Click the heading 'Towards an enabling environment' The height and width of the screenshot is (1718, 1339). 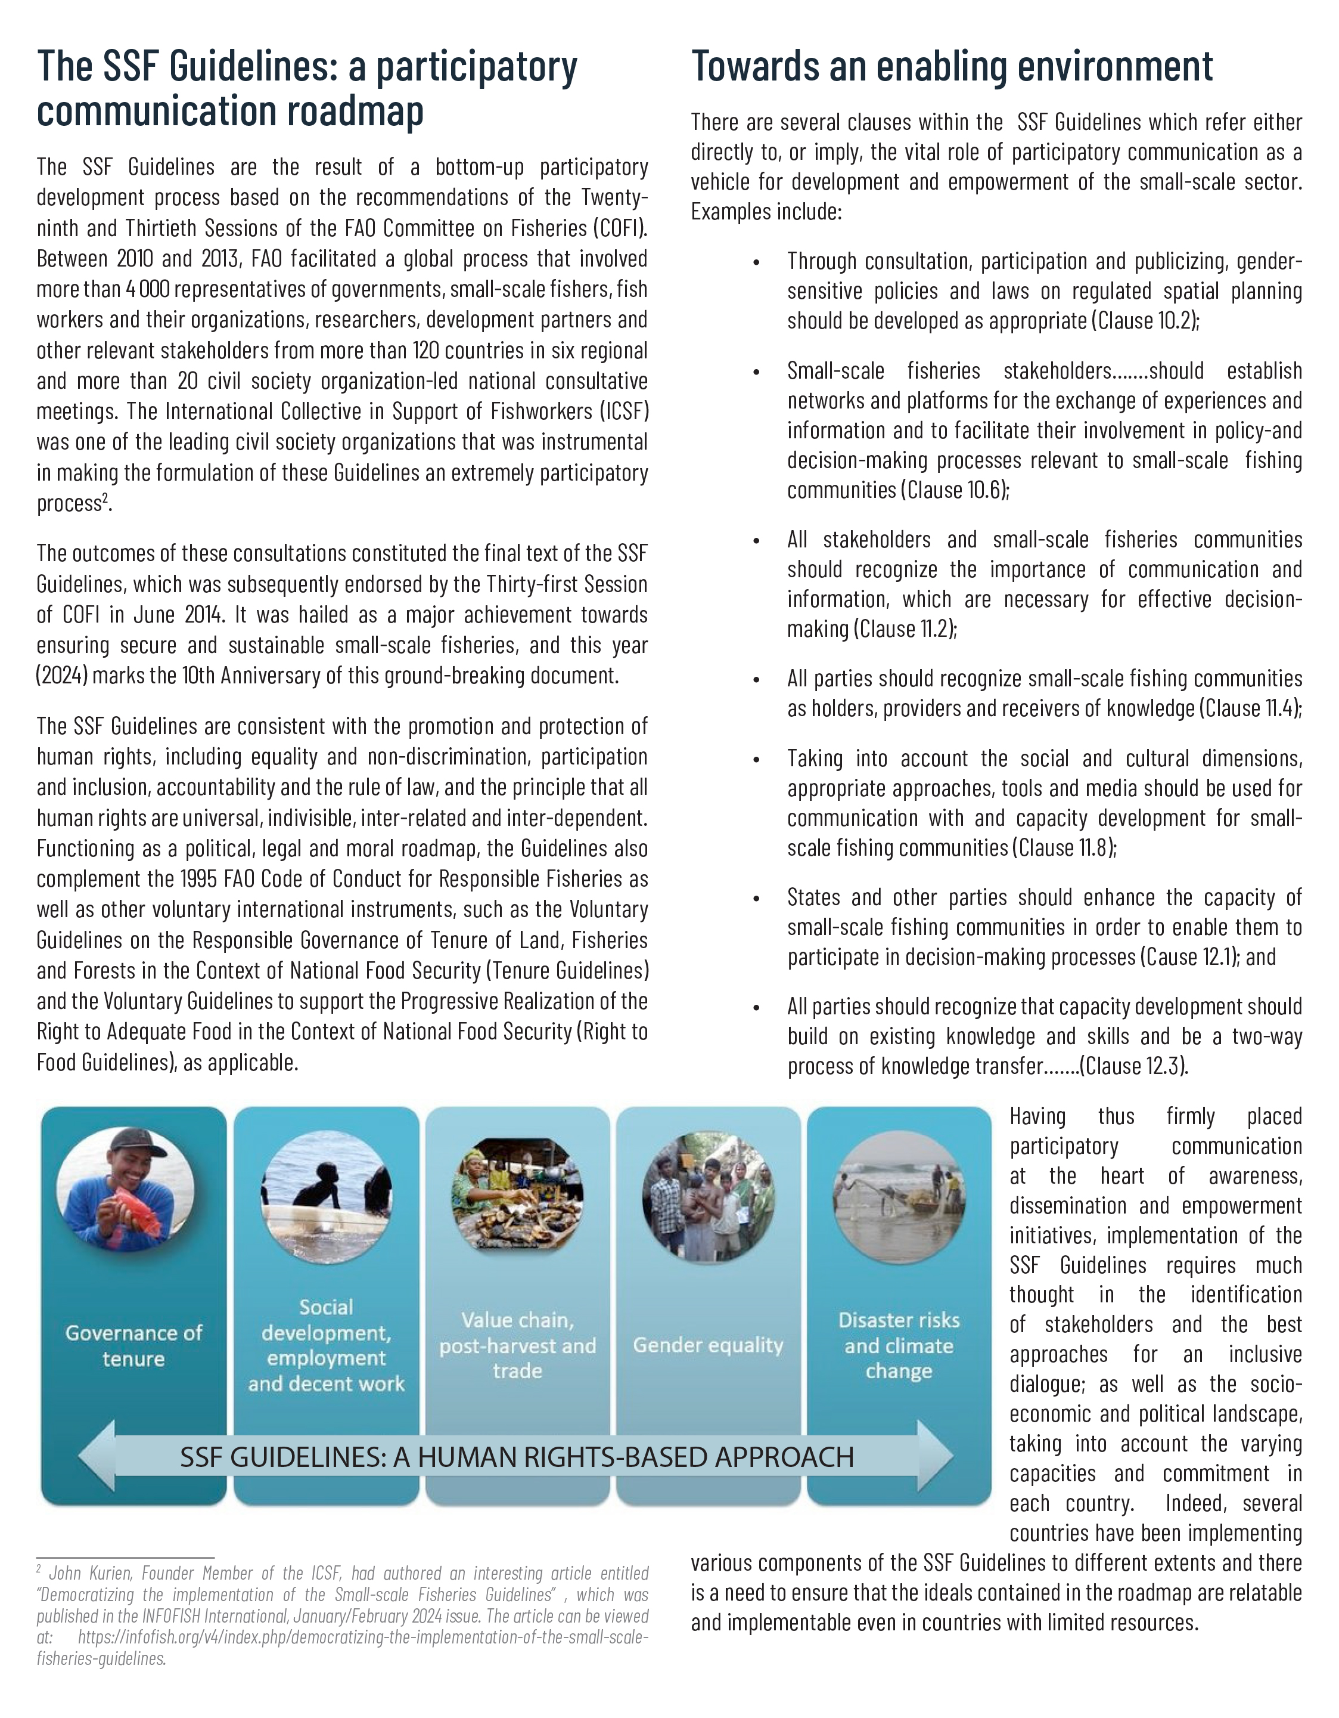[x=952, y=66]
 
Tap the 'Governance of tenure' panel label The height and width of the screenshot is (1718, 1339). [x=133, y=1345]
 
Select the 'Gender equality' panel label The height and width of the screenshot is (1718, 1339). [x=707, y=1345]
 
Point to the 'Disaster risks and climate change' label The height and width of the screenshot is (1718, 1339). [x=899, y=1345]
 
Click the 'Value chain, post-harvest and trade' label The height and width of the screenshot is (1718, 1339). [x=517, y=1345]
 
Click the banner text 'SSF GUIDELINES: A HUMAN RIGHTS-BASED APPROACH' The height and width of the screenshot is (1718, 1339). [x=517, y=1457]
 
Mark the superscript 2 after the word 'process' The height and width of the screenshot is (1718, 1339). [x=105, y=498]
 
